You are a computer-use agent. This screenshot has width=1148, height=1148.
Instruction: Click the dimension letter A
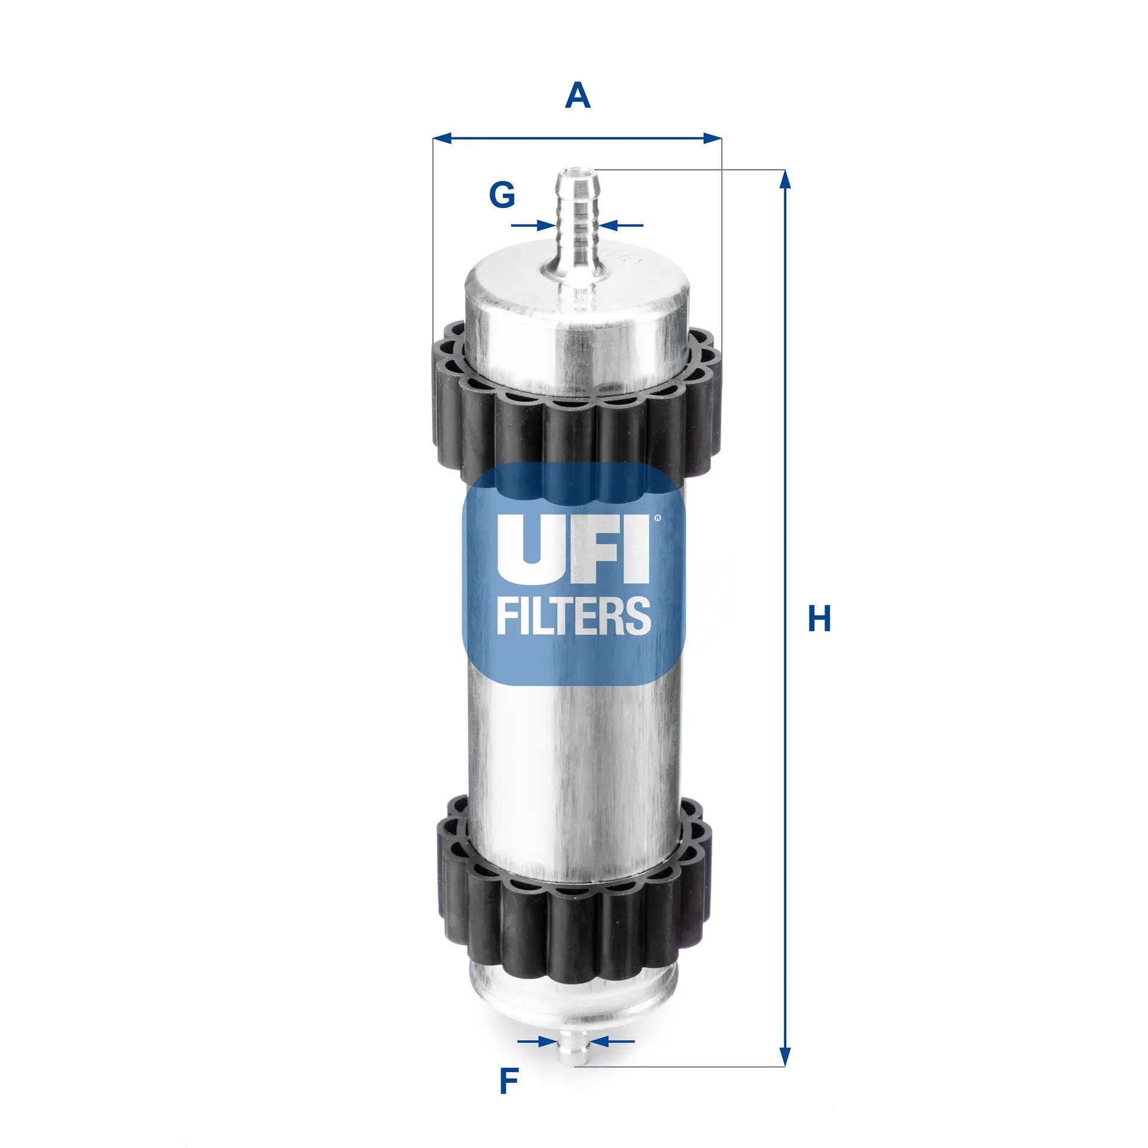point(578,96)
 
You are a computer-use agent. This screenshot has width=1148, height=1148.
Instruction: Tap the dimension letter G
point(502,195)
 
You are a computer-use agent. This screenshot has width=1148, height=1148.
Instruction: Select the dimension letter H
point(819,619)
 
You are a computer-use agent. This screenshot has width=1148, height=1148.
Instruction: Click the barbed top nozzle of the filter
point(578,215)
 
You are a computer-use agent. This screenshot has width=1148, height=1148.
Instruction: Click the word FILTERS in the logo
point(573,616)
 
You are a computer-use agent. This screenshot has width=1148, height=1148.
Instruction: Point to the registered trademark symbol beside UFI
point(658,518)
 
